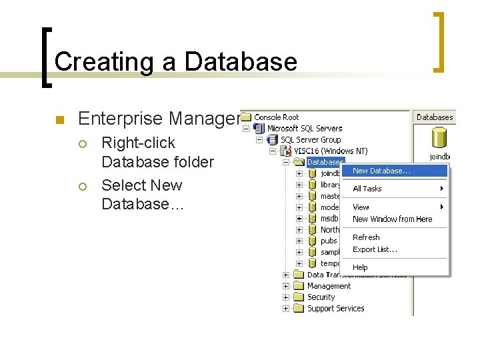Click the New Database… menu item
[381, 171]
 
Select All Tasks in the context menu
[367, 189]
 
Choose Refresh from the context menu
[366, 237]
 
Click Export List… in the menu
[375, 249]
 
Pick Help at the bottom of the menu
[360, 267]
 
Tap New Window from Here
[392, 219]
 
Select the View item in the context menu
[361, 207]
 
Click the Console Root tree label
[276, 117]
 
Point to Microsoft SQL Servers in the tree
[305, 129]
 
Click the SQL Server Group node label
[311, 140]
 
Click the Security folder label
[321, 297]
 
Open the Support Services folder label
[335, 309]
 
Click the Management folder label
[329, 286]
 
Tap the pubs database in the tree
[329, 241]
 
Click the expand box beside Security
[286, 297]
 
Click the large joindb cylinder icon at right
[438, 138]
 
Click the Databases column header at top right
[435, 117]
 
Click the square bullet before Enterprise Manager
[58, 120]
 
